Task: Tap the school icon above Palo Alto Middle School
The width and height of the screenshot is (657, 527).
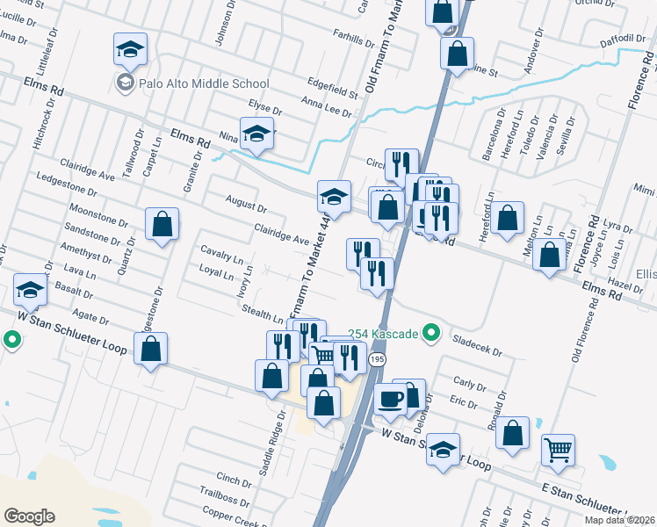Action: click(130, 49)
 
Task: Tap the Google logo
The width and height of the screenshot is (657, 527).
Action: click(29, 516)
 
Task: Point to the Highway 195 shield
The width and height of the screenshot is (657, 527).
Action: click(377, 360)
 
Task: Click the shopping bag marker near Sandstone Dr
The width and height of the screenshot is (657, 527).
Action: click(162, 225)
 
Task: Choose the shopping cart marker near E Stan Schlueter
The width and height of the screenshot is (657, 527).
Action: click(559, 450)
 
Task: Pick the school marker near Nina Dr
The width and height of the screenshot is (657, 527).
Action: click(257, 134)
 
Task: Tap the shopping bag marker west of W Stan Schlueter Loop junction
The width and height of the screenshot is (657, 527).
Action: click(151, 350)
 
